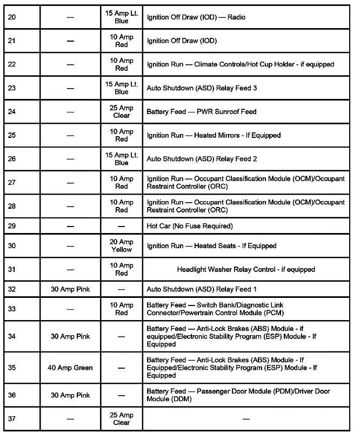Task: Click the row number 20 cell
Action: click(x=12, y=17)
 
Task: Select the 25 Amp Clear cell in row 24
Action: click(x=122, y=111)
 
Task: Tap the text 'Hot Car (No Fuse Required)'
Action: click(x=190, y=225)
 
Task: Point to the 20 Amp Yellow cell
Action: click(x=122, y=245)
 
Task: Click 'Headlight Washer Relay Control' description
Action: click(x=246, y=269)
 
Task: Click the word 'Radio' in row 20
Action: click(x=236, y=17)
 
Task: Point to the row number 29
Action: click(x=12, y=225)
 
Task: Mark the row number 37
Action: click(x=12, y=418)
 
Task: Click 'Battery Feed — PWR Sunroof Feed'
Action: click(x=202, y=111)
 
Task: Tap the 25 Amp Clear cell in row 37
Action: click(x=122, y=418)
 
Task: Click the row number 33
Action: click(x=12, y=309)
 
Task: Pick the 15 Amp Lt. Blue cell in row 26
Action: click(x=122, y=159)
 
